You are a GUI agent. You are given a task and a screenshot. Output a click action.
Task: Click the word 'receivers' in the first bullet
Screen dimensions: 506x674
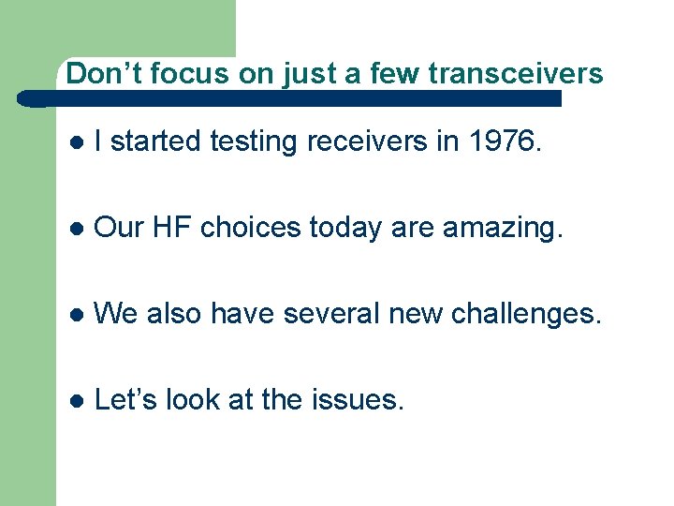point(374,141)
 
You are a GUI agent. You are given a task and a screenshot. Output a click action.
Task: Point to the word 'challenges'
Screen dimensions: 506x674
point(525,314)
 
